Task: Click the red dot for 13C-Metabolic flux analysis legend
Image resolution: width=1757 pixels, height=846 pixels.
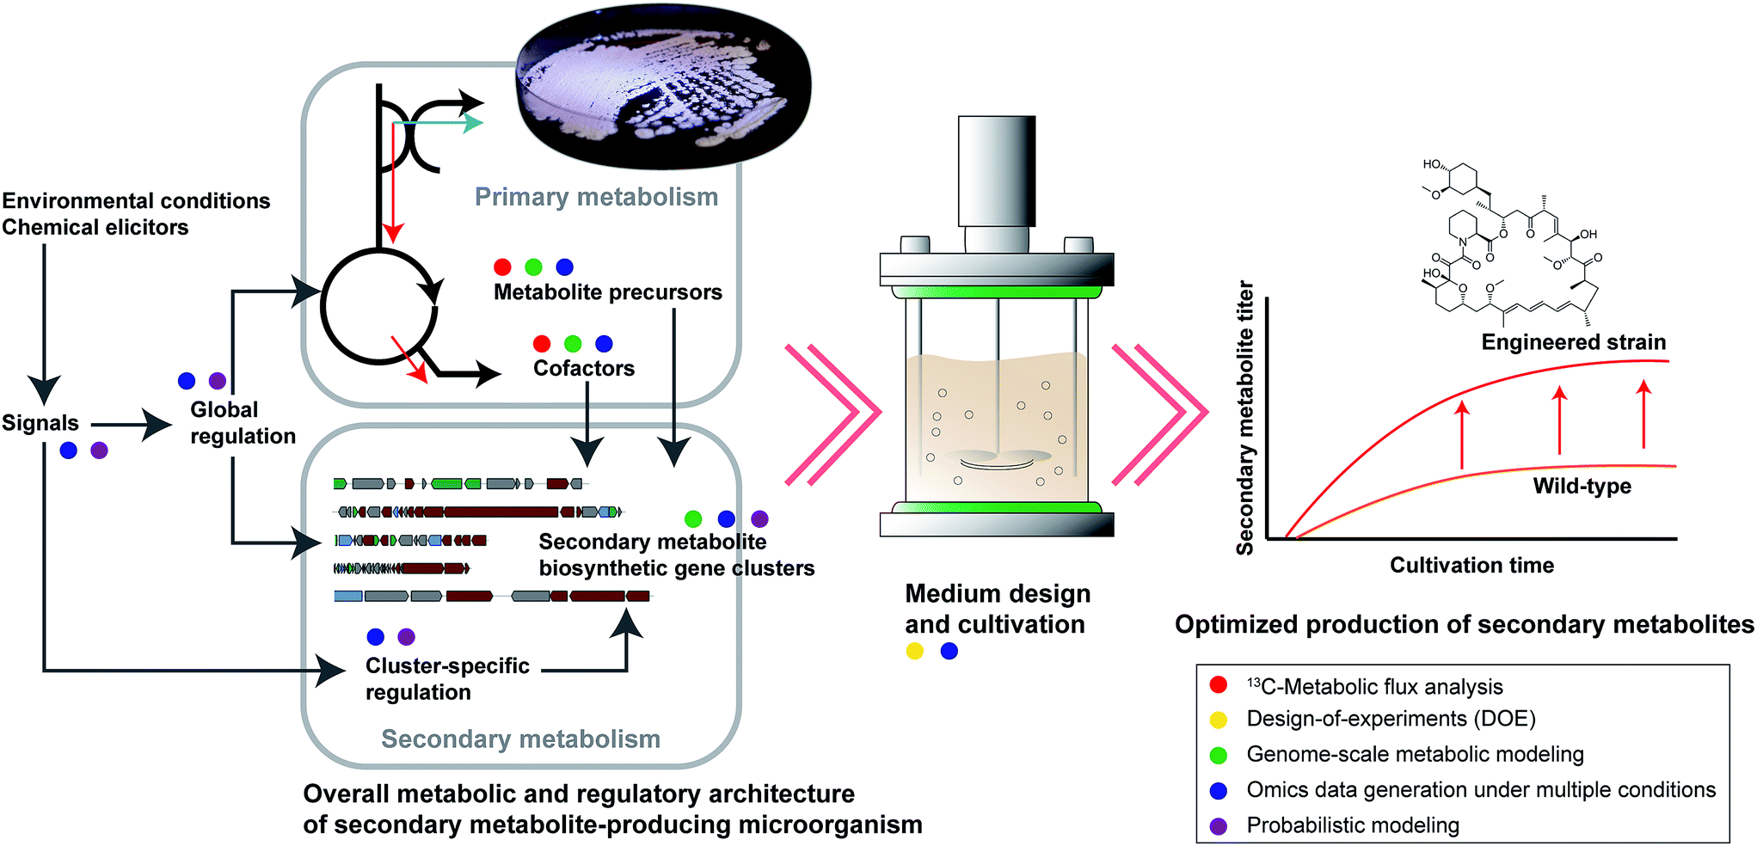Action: pyautogui.click(x=1218, y=685)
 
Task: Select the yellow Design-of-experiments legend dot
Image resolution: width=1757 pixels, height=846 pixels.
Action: pyautogui.click(x=1218, y=720)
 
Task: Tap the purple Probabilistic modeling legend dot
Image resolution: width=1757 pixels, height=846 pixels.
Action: pyautogui.click(x=1218, y=826)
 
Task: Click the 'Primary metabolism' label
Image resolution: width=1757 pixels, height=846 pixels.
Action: pyautogui.click(x=596, y=197)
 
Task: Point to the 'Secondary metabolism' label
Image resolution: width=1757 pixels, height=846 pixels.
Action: pyautogui.click(x=520, y=739)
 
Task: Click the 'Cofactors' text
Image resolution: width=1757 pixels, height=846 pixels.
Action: pyautogui.click(x=583, y=368)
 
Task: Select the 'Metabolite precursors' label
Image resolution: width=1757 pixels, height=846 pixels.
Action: pyautogui.click(x=607, y=292)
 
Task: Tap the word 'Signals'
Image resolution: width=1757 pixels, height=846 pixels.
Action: pyautogui.click(x=40, y=423)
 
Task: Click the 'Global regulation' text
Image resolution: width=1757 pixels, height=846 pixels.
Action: pyautogui.click(x=242, y=422)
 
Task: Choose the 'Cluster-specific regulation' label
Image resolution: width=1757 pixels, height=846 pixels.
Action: pyautogui.click(x=446, y=678)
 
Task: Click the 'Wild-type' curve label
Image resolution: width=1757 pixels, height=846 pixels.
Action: pyautogui.click(x=1582, y=486)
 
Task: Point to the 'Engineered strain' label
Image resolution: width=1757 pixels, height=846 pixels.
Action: pyautogui.click(x=1573, y=342)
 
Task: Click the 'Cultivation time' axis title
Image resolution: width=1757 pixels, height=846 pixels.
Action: pyautogui.click(x=1471, y=565)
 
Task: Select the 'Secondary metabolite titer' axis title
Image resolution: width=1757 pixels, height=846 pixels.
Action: pyautogui.click(x=1244, y=418)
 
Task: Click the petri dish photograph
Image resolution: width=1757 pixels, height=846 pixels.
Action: pyautogui.click(x=663, y=86)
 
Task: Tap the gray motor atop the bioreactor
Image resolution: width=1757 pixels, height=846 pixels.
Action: pyautogui.click(x=997, y=172)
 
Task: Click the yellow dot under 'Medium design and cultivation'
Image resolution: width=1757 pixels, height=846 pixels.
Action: pyautogui.click(x=914, y=651)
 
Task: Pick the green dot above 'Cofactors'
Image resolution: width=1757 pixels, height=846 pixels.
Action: pyautogui.click(x=573, y=344)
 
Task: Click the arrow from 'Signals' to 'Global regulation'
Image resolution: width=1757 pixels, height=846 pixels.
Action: pyautogui.click(x=131, y=424)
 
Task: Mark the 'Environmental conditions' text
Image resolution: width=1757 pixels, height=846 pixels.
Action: pyautogui.click(x=136, y=200)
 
